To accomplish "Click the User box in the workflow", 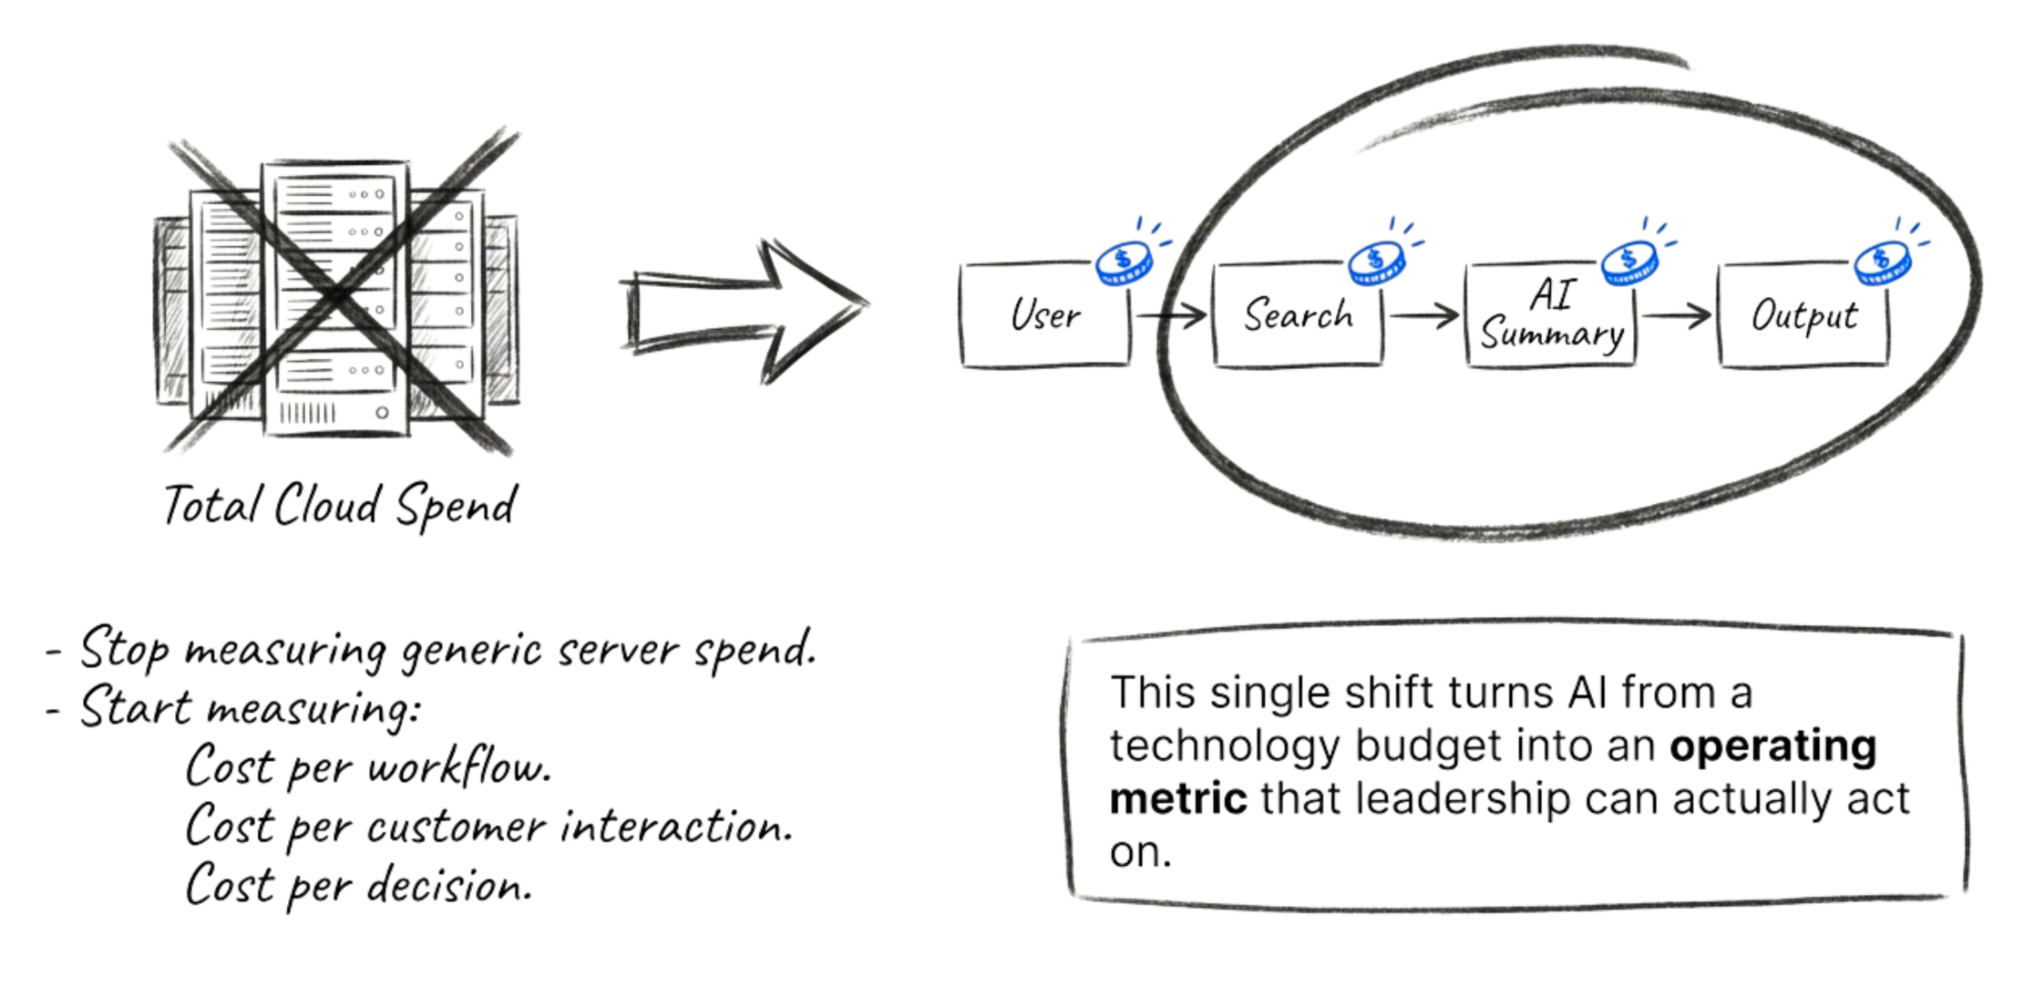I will [1044, 315].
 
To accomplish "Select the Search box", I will [1298, 315].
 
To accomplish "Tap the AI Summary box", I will [1551, 315].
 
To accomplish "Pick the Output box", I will [1803, 315].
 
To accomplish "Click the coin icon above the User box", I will [1125, 263].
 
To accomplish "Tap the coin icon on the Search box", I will [1377, 263].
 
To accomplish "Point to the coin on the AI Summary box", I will [1630, 263].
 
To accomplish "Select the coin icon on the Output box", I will [1883, 263].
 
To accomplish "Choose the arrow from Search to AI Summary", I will [1424, 316].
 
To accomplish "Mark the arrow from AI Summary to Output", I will [1677, 316].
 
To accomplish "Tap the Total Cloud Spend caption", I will [340, 506].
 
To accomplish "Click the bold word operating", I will [1772, 746].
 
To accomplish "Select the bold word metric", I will [1178, 799].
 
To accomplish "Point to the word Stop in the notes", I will [124, 649].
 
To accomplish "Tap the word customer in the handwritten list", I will [456, 828].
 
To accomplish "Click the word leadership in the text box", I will [1464, 799].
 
